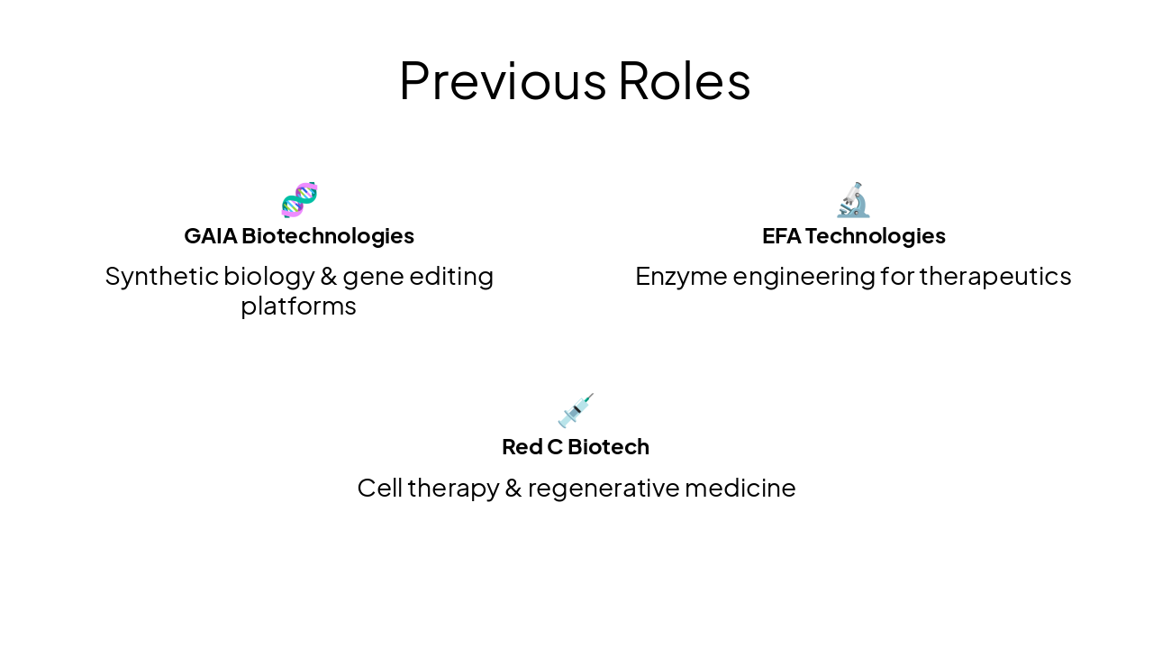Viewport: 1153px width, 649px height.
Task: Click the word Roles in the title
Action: [684, 80]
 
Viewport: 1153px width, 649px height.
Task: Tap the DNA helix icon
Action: [299, 200]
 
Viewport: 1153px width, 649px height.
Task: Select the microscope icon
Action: [853, 200]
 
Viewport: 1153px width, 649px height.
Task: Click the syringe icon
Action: [576, 411]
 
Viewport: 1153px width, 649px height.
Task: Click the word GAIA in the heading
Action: [210, 236]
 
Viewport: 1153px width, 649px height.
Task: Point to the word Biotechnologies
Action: [328, 236]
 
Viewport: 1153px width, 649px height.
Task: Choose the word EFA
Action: [781, 236]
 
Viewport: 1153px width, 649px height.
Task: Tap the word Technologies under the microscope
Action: [875, 236]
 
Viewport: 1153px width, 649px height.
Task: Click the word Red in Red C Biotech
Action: [521, 447]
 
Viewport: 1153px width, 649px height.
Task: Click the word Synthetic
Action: [160, 276]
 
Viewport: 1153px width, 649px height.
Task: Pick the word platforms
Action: [298, 306]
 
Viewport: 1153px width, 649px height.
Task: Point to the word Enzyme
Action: [680, 276]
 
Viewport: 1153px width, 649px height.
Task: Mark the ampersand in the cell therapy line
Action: [513, 488]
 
